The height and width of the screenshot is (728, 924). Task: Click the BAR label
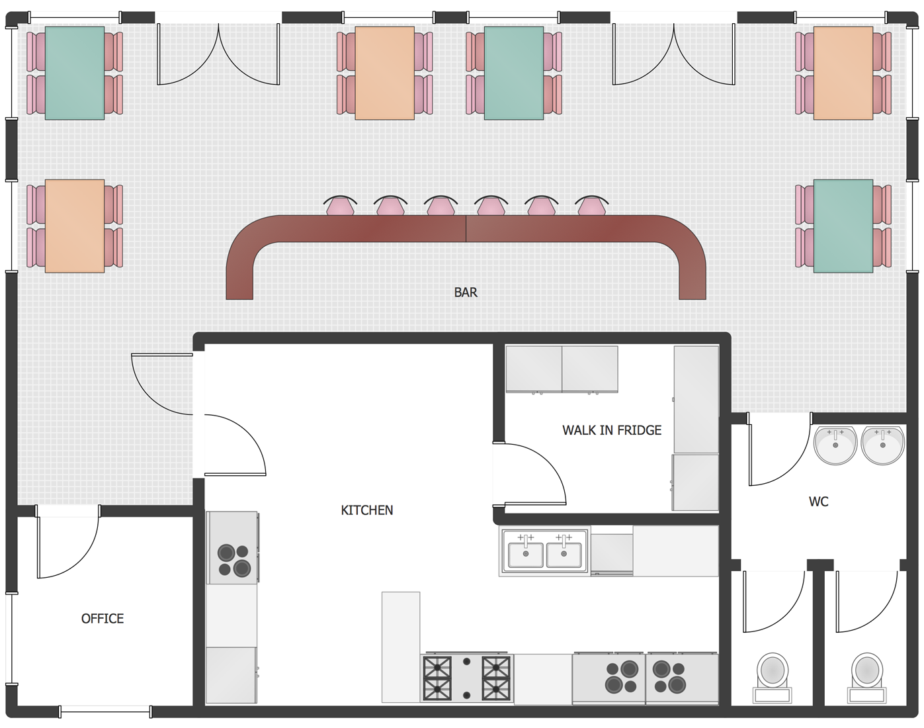pyautogui.click(x=466, y=293)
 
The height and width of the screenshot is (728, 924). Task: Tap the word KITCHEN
pyautogui.click(x=366, y=510)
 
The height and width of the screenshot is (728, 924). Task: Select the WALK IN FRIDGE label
pyautogui.click(x=611, y=430)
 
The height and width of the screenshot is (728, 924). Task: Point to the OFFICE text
pyautogui.click(x=103, y=618)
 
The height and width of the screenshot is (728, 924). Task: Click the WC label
pyautogui.click(x=818, y=502)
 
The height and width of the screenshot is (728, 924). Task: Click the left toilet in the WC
pyautogui.click(x=772, y=678)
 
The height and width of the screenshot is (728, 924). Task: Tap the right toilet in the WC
pyautogui.click(x=866, y=678)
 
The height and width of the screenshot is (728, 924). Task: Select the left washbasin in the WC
pyautogui.click(x=835, y=445)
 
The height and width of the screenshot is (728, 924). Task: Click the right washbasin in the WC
pyautogui.click(x=882, y=445)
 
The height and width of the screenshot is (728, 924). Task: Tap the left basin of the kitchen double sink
pyautogui.click(x=526, y=555)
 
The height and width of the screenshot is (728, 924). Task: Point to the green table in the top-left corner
pyautogui.click(x=75, y=73)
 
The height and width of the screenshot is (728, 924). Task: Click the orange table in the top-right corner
pyautogui.click(x=843, y=73)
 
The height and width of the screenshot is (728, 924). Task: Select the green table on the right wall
pyautogui.click(x=843, y=226)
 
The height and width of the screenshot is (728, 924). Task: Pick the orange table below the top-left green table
pyautogui.click(x=75, y=226)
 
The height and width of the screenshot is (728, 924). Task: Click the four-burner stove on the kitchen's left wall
pyautogui.click(x=232, y=547)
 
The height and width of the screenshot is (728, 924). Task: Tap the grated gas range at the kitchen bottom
pyautogui.click(x=466, y=678)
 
